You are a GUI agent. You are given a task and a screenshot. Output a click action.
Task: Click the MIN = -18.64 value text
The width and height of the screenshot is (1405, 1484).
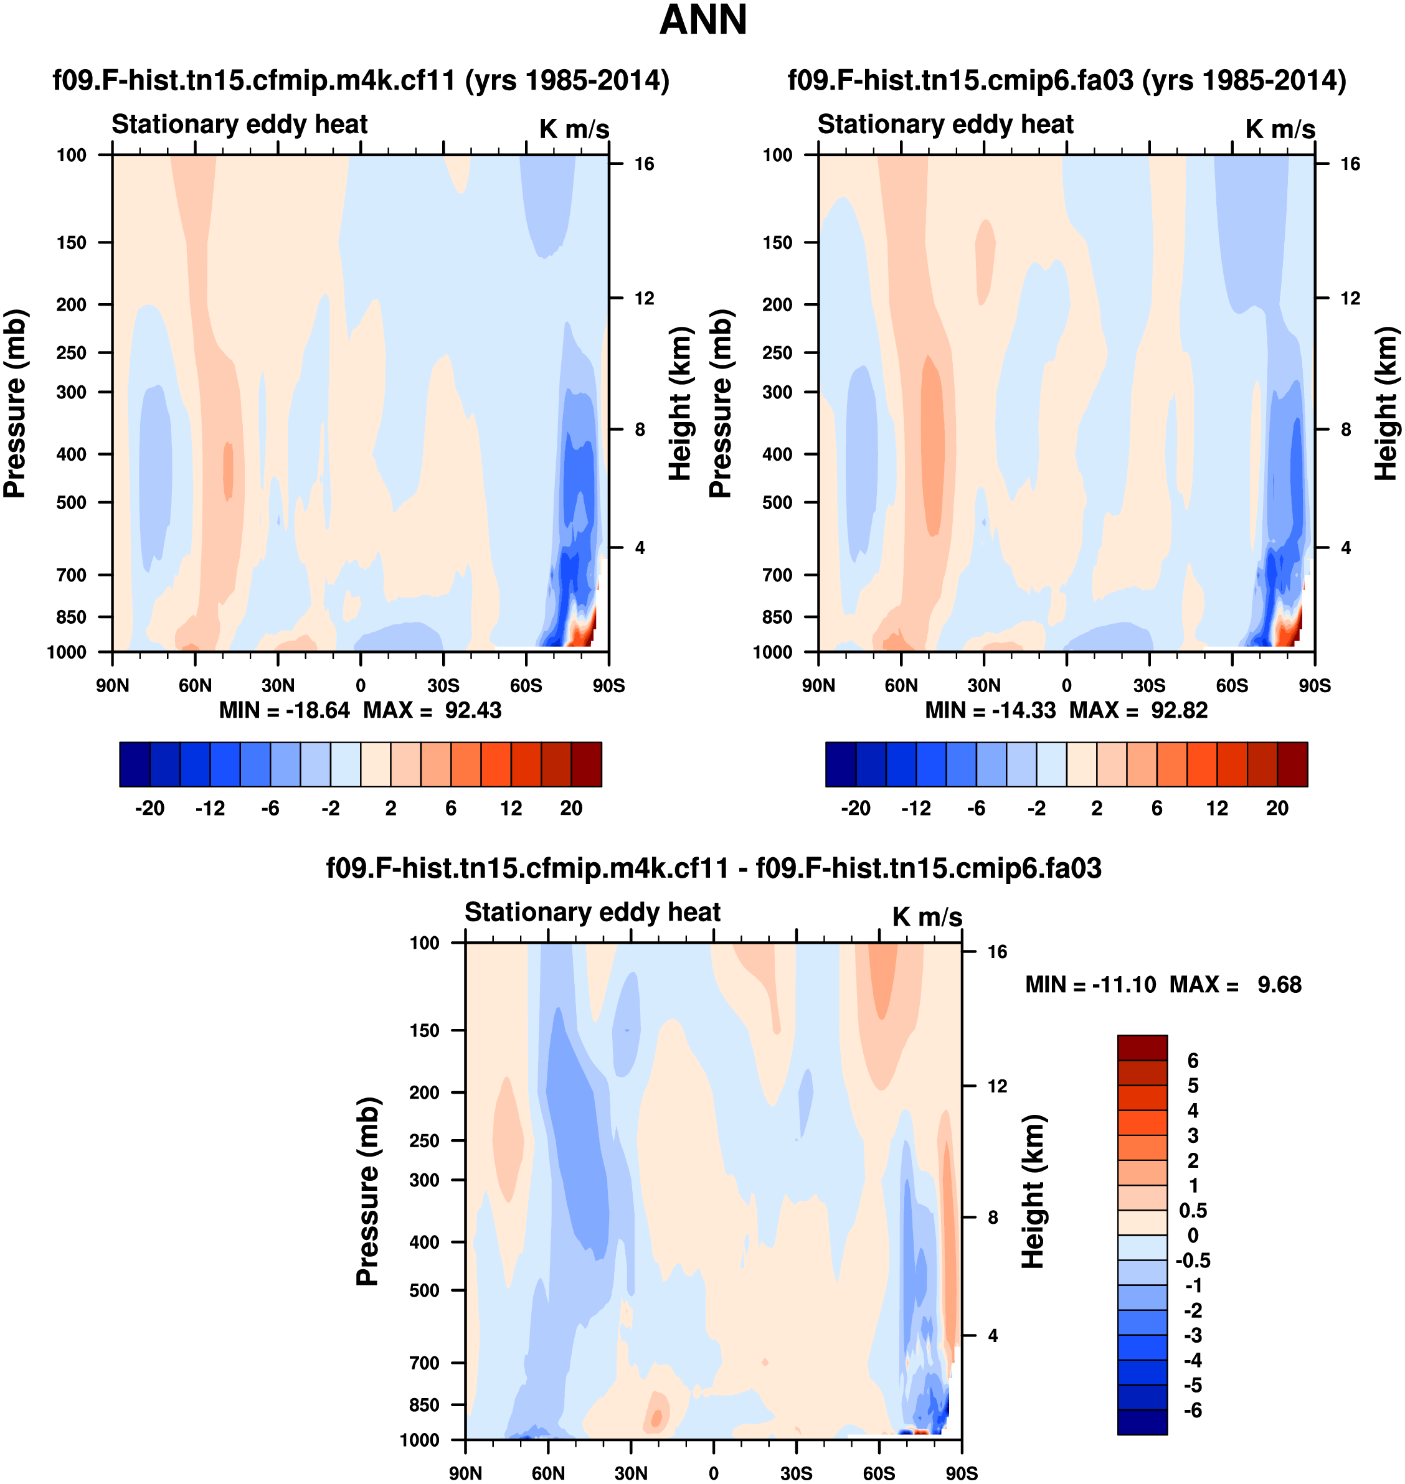point(284,710)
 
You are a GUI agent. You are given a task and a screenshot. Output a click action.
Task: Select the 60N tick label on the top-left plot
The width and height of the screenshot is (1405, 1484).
point(195,686)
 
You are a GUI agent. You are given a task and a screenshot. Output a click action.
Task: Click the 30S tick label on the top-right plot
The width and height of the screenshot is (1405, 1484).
point(1149,686)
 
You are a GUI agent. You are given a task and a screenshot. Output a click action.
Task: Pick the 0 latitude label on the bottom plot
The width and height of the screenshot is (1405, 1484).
point(713,1473)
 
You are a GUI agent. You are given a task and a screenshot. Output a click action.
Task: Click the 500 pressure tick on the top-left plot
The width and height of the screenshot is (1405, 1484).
point(71,502)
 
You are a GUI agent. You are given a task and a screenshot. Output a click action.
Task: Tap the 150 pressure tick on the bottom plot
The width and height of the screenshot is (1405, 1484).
point(424,1030)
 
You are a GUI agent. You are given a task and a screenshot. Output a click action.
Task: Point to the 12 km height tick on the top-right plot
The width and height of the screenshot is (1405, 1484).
point(1350,299)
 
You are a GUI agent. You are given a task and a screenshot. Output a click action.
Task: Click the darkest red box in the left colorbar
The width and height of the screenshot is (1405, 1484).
point(587,764)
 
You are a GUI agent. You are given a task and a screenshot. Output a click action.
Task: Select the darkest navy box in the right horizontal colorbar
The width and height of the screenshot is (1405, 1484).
point(840,764)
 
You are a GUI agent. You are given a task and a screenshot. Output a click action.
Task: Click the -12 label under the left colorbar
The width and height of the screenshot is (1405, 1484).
point(210,809)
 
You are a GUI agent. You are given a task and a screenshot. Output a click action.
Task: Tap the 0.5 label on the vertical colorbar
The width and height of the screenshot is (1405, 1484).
point(1192,1211)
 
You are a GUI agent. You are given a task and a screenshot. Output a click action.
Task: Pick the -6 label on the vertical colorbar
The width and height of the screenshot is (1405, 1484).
point(1192,1411)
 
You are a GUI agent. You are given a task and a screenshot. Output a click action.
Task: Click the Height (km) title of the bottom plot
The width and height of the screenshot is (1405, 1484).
point(1033,1190)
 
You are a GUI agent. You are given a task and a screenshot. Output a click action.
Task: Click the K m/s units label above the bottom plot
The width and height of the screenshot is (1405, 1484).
point(927,917)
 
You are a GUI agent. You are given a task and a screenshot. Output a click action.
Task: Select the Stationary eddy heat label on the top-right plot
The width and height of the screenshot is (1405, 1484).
point(945,124)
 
